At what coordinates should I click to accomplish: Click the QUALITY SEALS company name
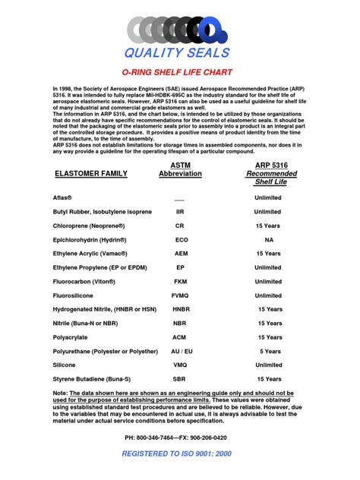[x=180, y=52]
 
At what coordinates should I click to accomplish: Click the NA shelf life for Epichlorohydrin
[x=269, y=239]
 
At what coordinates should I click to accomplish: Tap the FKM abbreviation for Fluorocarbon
[x=180, y=281]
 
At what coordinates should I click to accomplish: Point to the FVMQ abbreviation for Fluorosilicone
[x=180, y=295]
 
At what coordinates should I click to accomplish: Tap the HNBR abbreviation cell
[x=181, y=309]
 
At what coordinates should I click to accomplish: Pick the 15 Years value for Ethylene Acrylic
[x=269, y=253]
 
